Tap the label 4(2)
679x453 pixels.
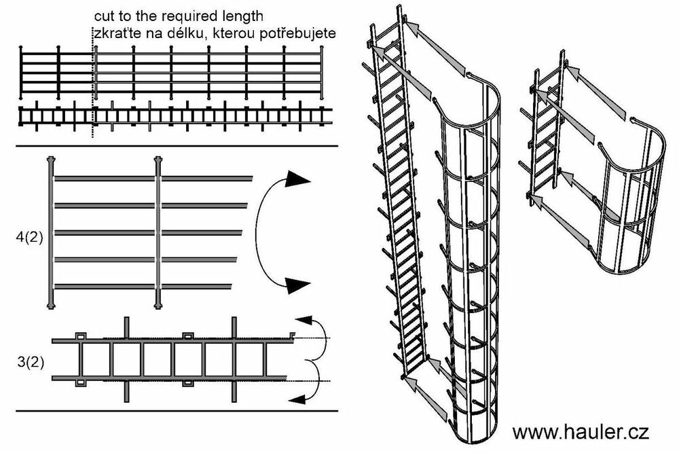[x=27, y=239]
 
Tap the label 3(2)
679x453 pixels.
[x=30, y=361]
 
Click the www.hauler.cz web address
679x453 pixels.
[x=581, y=432]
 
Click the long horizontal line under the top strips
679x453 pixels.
[x=177, y=147]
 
